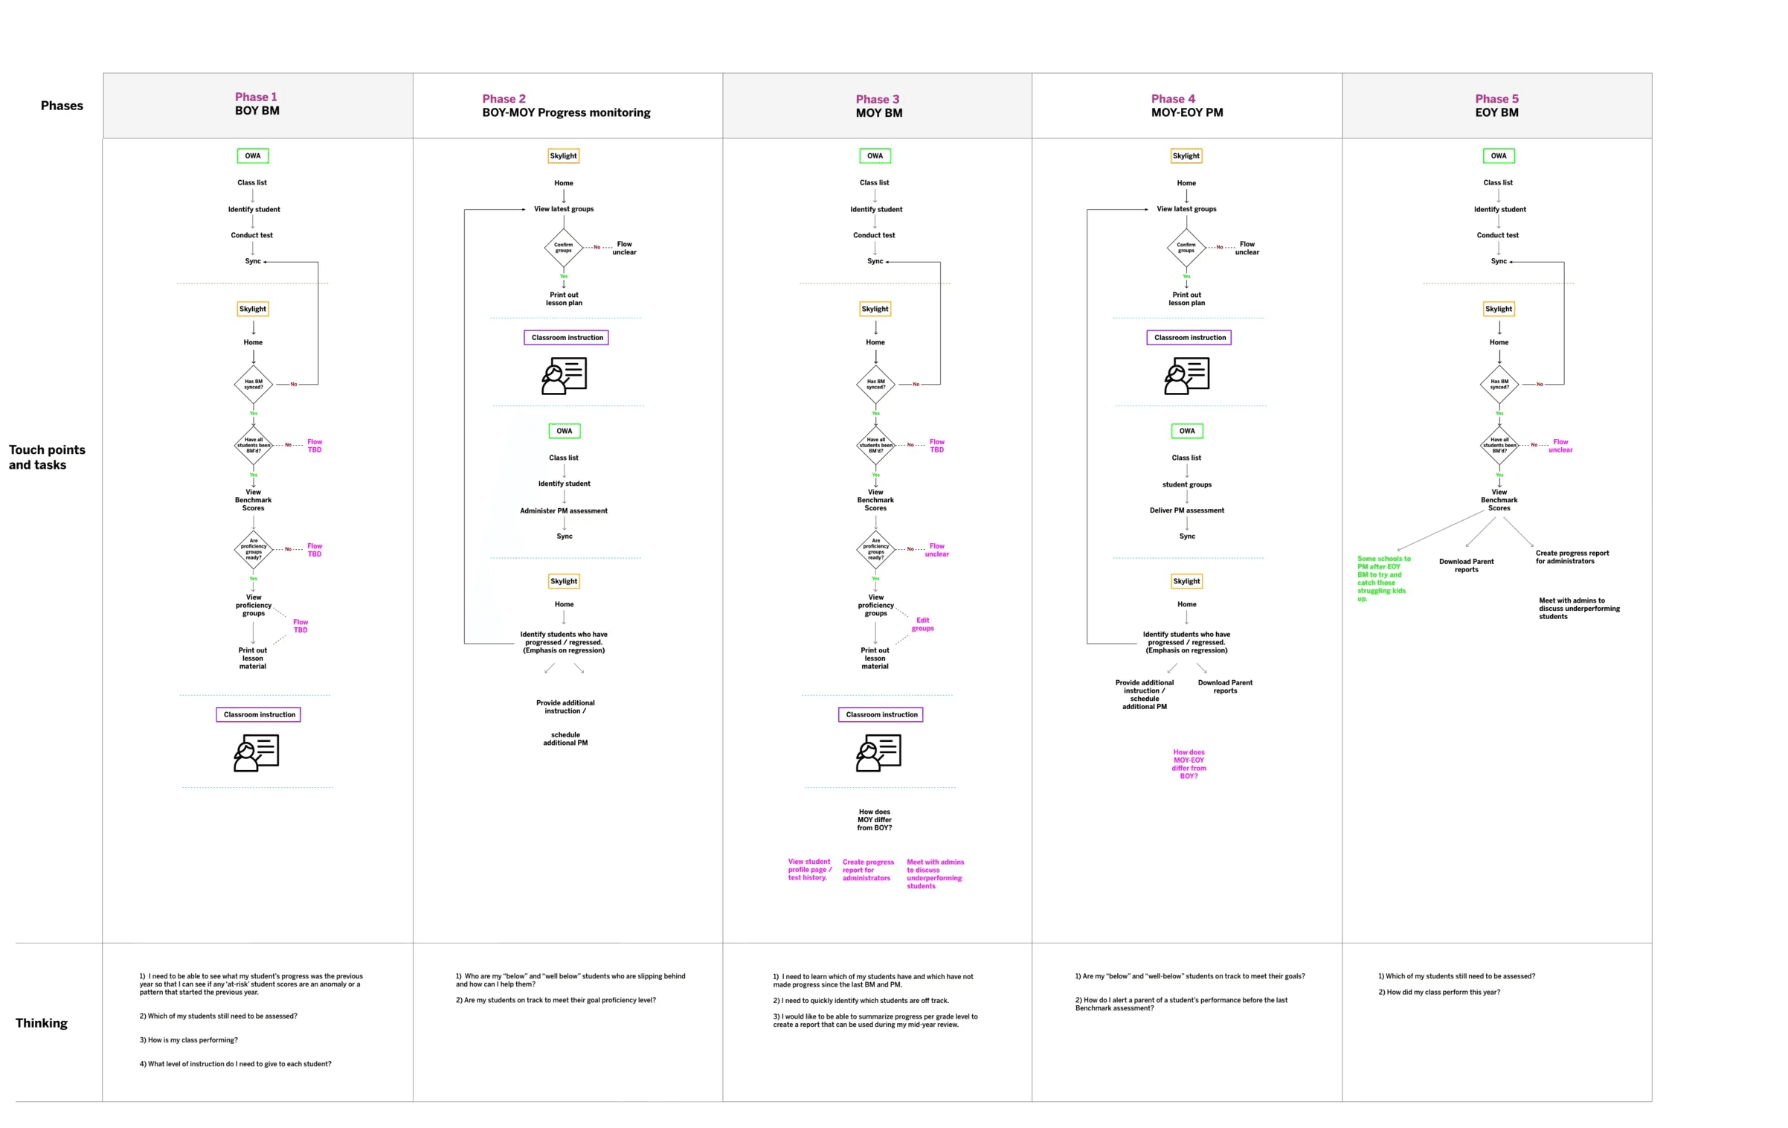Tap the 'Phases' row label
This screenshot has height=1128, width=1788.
coord(62,106)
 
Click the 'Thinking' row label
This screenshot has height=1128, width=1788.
coord(42,1023)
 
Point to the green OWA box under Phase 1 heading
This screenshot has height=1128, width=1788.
coord(253,156)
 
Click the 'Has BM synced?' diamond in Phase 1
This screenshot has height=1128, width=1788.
coord(254,385)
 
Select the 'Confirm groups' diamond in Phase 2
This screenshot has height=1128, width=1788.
coord(564,248)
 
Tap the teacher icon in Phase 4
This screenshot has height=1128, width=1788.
coord(1186,376)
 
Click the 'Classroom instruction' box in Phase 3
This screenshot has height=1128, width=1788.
coord(881,715)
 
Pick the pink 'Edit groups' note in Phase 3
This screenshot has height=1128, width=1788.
coord(923,624)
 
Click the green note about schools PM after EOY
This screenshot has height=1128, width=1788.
coord(1383,578)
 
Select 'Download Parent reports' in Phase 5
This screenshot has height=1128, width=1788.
coord(1466,565)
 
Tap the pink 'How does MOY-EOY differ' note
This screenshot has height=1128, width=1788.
coord(1189,764)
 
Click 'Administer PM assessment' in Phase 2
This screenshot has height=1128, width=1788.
coord(564,511)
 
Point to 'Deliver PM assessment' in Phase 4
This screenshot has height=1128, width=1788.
coord(1186,510)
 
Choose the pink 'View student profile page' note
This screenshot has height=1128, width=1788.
coord(809,870)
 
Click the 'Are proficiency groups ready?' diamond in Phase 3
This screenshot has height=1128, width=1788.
coord(876,549)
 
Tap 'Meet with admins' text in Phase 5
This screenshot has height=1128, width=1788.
coord(1578,609)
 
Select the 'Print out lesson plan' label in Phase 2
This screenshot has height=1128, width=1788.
coord(564,299)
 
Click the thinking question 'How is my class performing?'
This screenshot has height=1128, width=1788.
coord(189,1040)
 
